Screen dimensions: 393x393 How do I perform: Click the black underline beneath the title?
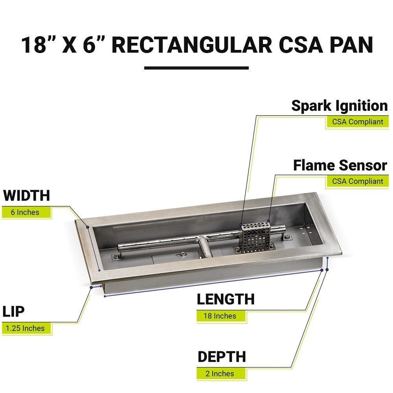[196, 68]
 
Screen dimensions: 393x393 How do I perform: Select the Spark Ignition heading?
[339, 106]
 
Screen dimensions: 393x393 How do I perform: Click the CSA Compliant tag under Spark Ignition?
[357, 122]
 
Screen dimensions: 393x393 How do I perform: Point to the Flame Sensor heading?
[340, 165]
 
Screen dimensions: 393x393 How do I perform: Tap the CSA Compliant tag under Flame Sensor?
[357, 181]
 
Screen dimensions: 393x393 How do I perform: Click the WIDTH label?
[27, 195]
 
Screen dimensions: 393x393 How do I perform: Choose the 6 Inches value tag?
[26, 212]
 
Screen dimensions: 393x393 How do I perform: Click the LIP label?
[14, 311]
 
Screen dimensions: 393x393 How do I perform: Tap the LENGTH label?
[226, 299]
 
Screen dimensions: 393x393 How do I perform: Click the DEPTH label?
[222, 357]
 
